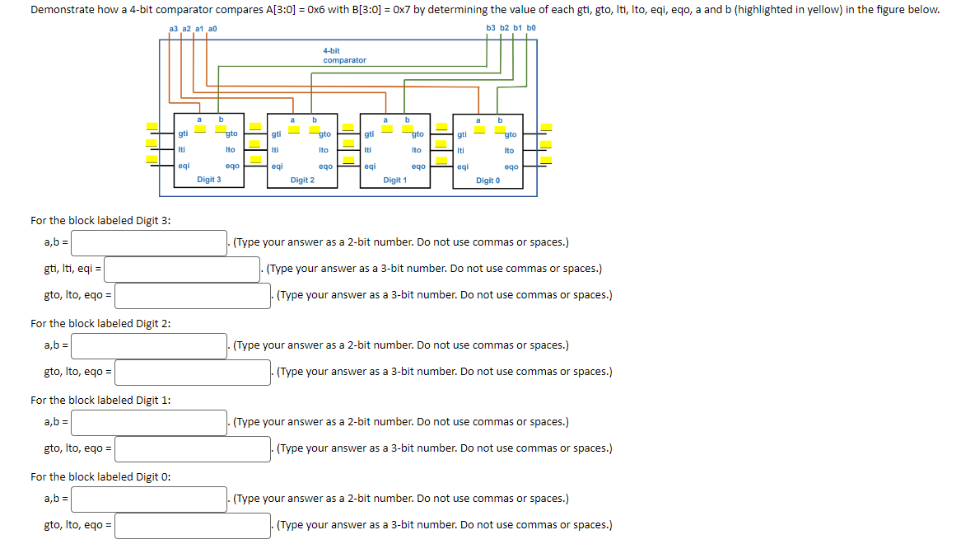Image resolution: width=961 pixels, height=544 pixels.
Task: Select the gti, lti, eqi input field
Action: pos(182,269)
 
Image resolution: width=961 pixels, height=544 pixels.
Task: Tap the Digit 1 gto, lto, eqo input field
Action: pos(193,448)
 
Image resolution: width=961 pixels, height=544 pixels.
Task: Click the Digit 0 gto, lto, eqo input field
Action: pos(193,525)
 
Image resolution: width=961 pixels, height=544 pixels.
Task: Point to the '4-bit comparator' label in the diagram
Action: pos(344,55)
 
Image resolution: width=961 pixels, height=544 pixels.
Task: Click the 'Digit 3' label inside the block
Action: pos(208,179)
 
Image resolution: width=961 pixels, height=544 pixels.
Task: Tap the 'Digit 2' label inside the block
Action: pos(302,180)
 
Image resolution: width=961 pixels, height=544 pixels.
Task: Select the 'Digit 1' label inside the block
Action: pos(395,180)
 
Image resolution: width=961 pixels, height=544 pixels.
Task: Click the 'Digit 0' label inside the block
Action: pos(487,181)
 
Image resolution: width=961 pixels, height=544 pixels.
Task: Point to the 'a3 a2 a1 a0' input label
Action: pos(193,28)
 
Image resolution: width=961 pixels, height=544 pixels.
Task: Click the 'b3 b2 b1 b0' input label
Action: pos(511,28)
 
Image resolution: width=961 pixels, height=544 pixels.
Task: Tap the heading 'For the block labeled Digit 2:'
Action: pos(100,323)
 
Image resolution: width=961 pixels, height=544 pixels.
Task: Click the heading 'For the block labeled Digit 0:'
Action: pos(100,476)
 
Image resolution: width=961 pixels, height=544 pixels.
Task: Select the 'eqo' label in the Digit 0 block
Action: pos(511,166)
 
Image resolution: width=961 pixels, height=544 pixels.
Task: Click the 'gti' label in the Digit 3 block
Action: pos(183,134)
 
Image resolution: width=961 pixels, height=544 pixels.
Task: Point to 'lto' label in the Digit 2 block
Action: pos(324,150)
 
